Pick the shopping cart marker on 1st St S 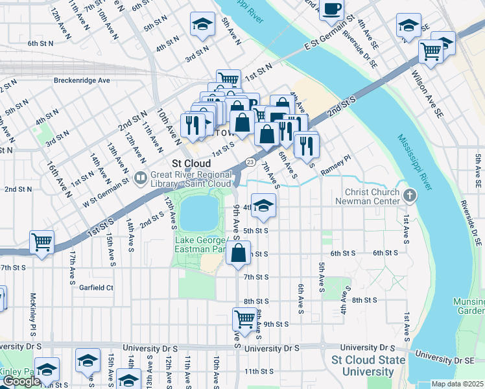[x=41, y=242]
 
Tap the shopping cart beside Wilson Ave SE [x=431, y=51]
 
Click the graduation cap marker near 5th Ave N [x=203, y=25]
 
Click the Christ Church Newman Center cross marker [x=408, y=195]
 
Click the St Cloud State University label [x=362, y=366]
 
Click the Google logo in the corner [x=21, y=381]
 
